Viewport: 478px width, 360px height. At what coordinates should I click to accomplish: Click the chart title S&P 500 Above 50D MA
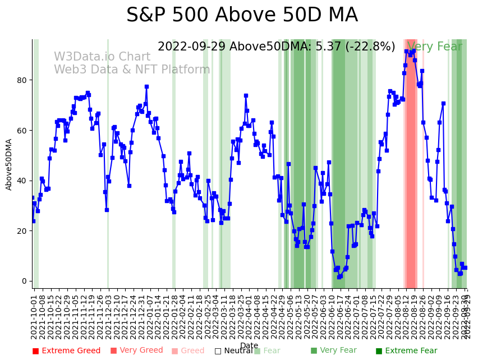[x=242, y=15]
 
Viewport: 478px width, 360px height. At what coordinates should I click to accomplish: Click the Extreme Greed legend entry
[x=66, y=351]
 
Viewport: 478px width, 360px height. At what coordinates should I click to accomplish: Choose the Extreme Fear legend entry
[x=406, y=351]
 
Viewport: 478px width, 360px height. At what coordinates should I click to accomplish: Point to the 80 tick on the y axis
[x=22, y=80]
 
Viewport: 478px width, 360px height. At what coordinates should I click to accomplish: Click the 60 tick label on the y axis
[x=22, y=131]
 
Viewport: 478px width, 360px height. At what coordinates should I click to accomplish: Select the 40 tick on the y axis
[x=22, y=181]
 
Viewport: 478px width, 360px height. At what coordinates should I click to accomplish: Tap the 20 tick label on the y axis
[x=22, y=231]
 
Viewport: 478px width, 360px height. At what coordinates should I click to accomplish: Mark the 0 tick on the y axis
[x=24, y=281]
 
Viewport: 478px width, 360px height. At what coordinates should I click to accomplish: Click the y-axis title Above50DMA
[x=9, y=164]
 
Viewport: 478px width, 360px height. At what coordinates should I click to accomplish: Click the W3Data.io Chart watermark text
[x=102, y=57]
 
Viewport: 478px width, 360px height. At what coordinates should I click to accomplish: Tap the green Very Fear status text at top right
[x=435, y=47]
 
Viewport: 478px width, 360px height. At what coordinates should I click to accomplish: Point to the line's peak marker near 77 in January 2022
[x=146, y=87]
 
